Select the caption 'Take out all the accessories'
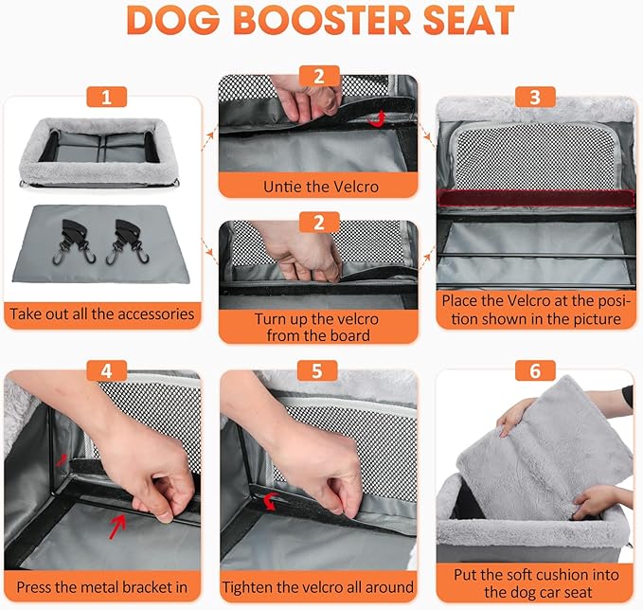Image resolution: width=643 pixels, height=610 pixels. (100, 314)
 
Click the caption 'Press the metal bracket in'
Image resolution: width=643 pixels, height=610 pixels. (102, 586)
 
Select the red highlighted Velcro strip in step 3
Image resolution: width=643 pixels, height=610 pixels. (535, 200)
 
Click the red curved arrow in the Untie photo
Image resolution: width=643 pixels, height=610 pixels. (381, 117)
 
